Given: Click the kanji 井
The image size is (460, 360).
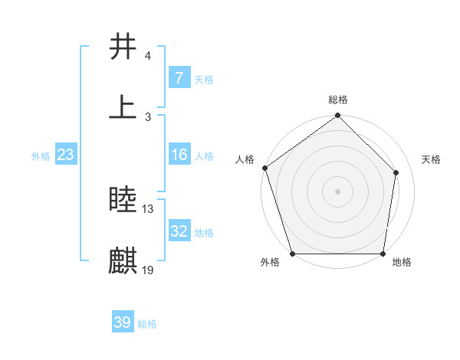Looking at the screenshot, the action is pyautogui.click(x=123, y=47).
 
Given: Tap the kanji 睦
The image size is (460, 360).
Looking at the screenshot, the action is pyautogui.click(x=123, y=201).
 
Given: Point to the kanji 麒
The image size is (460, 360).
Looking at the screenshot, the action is pyautogui.click(x=123, y=260).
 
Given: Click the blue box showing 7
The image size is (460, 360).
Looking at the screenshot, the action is pyautogui.click(x=179, y=77).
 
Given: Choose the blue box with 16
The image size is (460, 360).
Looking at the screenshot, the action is pyautogui.click(x=179, y=155).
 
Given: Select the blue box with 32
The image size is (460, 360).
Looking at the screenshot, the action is pyautogui.click(x=179, y=231).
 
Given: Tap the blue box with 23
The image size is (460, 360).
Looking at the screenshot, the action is pyautogui.click(x=65, y=155).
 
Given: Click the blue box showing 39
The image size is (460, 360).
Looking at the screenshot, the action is pyautogui.click(x=122, y=322).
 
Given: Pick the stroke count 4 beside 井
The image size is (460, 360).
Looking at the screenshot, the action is pyautogui.click(x=148, y=56).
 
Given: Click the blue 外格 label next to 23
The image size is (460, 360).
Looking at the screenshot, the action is pyautogui.click(x=41, y=155).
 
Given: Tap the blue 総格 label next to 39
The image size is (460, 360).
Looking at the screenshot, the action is pyautogui.click(x=148, y=324).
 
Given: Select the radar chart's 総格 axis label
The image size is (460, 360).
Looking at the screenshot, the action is pyautogui.click(x=338, y=100).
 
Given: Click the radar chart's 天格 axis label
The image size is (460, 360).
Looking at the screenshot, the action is pyautogui.click(x=432, y=159).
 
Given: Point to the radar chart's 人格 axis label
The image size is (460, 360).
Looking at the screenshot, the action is pyautogui.click(x=245, y=159).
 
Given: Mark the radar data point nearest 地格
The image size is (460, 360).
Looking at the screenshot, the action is pyautogui.click(x=383, y=254).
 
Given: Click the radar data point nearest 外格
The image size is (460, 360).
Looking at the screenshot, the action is pyautogui.click(x=293, y=254).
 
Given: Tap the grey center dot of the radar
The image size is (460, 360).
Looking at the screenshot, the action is pyautogui.click(x=338, y=191).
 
